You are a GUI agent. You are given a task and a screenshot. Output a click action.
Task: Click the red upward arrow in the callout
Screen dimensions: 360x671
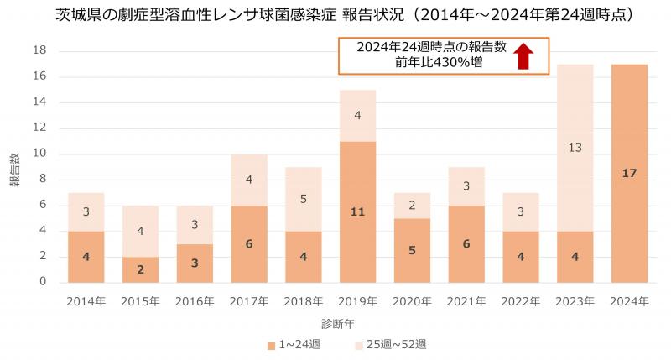click(x=523, y=55)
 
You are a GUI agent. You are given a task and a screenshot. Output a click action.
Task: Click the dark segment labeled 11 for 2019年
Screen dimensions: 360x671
click(x=358, y=211)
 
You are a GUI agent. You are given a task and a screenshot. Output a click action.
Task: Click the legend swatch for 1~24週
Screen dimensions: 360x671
click(x=271, y=345)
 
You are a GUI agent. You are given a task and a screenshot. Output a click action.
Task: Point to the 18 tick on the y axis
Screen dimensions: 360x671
click(x=40, y=50)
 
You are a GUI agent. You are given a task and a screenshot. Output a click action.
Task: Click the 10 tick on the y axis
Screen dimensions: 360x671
click(x=40, y=154)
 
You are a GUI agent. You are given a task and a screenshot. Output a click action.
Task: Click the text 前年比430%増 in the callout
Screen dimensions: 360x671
click(x=440, y=63)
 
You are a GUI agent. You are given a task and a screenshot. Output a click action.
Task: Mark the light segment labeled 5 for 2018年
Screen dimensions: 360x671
click(x=304, y=199)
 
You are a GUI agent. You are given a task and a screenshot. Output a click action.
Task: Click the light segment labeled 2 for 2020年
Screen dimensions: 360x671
click(x=411, y=205)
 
